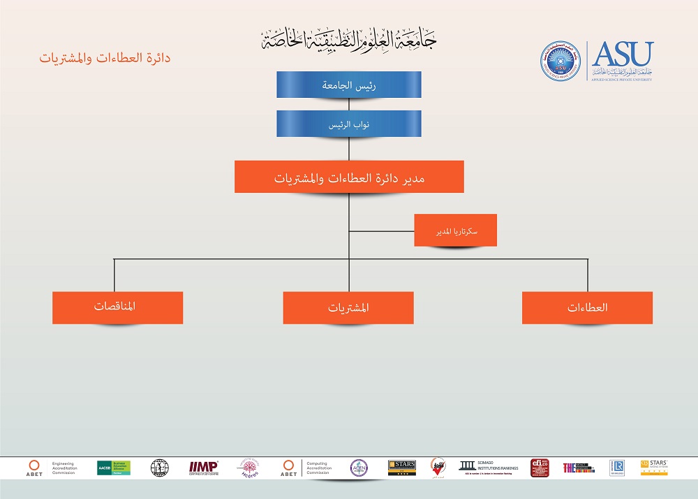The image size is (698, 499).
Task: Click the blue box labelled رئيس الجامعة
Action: point(349,85)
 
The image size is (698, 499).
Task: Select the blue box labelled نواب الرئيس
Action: point(349,123)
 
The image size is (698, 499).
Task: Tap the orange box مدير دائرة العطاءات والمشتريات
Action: point(349,177)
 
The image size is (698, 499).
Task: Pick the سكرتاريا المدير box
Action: point(455,230)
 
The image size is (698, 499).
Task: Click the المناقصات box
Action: point(117,308)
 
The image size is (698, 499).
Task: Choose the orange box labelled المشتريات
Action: point(348,308)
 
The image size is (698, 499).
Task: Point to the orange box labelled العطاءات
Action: point(587,308)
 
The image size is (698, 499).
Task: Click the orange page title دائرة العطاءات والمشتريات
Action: point(105,58)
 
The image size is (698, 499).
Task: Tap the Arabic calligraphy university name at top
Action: point(349,38)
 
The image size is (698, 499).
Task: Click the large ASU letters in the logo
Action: point(623,54)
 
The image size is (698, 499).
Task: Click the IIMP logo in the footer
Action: point(203,467)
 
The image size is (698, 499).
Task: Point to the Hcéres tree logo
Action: point(249,468)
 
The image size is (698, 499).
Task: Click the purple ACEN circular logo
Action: point(359,468)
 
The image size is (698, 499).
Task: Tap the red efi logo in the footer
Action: point(540,468)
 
